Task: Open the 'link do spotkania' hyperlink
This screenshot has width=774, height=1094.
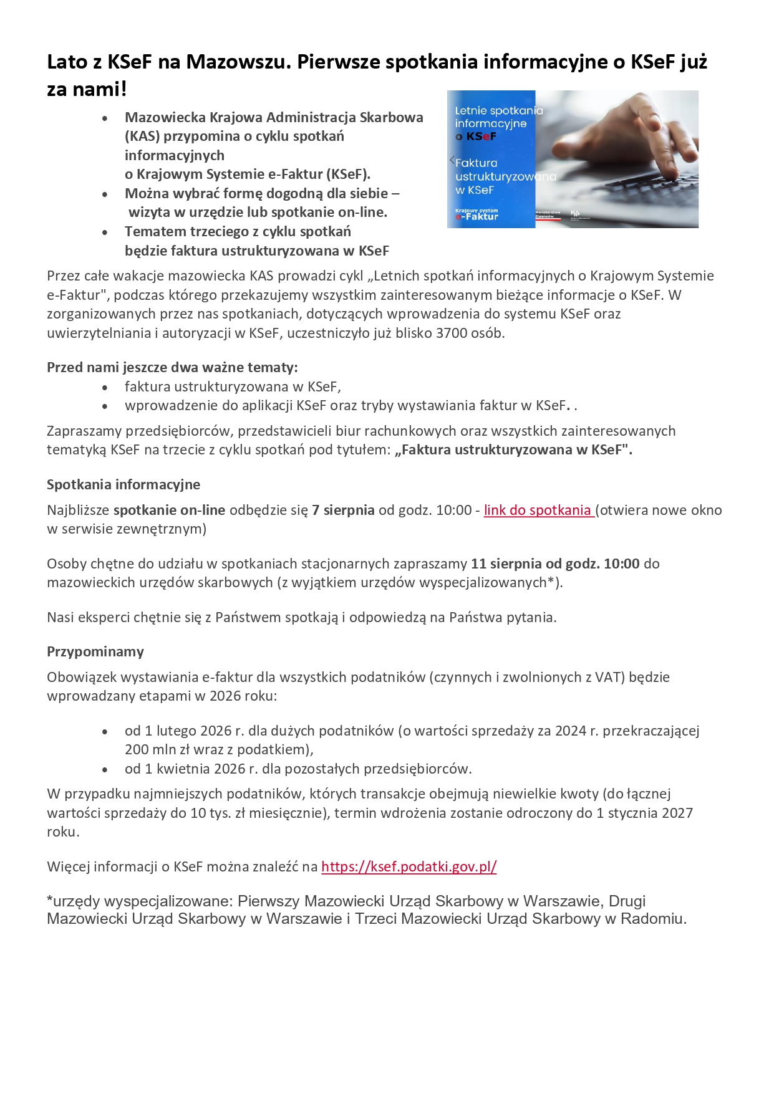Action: (x=538, y=510)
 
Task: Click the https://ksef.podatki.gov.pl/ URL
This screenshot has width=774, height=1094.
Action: (x=409, y=866)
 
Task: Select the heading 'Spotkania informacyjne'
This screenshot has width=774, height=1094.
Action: (x=123, y=484)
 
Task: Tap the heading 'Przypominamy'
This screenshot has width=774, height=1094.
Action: (x=95, y=651)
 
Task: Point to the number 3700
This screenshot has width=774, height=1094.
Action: (x=452, y=333)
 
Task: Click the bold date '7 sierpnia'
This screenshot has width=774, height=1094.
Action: (x=343, y=510)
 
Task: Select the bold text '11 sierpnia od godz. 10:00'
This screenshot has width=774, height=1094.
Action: (x=555, y=564)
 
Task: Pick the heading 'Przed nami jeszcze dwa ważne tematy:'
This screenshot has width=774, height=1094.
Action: (x=172, y=367)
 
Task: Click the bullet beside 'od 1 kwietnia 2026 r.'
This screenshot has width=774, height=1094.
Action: (x=105, y=769)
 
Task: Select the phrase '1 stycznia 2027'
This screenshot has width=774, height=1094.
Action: (x=644, y=813)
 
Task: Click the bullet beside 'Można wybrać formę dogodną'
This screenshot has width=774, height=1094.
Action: (x=105, y=194)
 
